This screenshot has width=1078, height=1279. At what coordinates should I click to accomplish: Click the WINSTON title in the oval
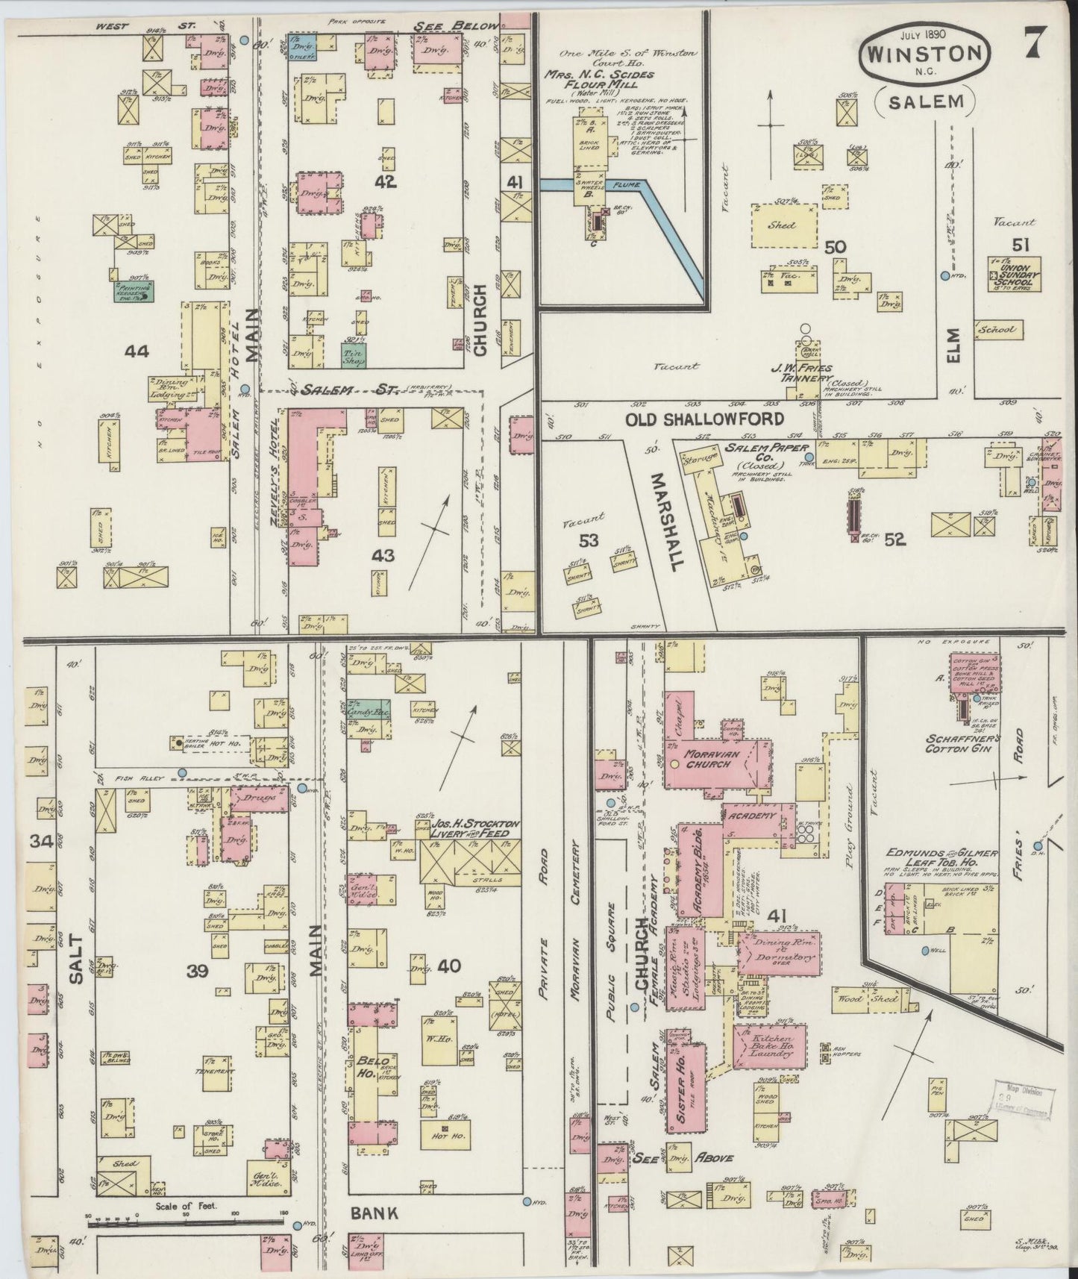click(925, 55)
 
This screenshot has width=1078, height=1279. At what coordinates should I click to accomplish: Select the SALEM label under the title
click(925, 102)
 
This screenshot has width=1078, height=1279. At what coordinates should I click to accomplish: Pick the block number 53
click(589, 541)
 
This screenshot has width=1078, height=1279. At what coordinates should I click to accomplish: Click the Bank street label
click(374, 1214)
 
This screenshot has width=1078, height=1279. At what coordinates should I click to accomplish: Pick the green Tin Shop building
click(353, 356)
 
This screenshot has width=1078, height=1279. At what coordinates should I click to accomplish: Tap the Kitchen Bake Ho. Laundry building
click(770, 1047)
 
